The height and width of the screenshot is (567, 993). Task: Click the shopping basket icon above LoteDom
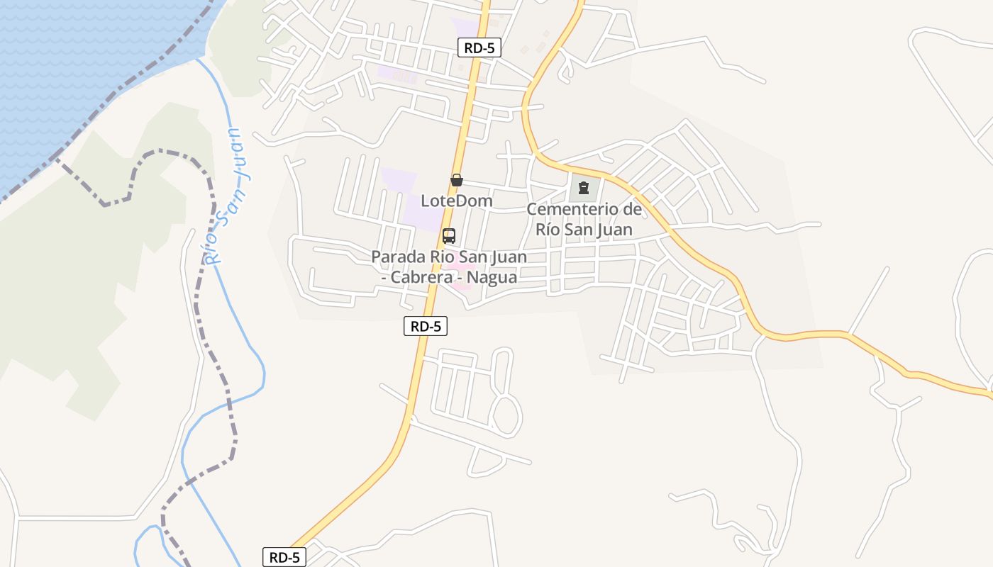[457, 180]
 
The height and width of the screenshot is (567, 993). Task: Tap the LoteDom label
[457, 201]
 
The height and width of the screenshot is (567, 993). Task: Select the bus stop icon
[448, 236]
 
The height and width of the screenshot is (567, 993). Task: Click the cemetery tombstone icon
[583, 188]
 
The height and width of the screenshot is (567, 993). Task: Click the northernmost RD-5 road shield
[479, 48]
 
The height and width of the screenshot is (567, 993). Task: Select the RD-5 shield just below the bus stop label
[426, 326]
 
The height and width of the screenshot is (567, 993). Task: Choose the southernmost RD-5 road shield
[284, 557]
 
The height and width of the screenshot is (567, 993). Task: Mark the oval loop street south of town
[506, 415]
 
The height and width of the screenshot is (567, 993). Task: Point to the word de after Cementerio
[633, 210]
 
